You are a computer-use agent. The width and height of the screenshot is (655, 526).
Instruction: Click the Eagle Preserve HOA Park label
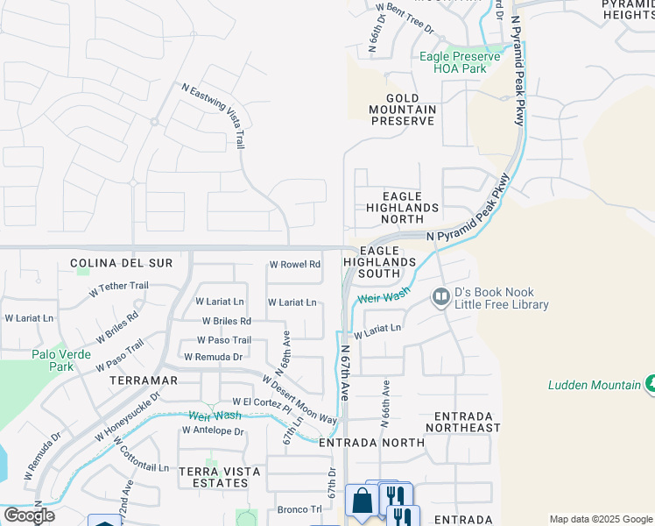[460, 62]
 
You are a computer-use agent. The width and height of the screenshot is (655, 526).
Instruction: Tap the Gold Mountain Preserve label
[403, 110]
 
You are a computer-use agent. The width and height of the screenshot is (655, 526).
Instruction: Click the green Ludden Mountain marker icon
[649, 384]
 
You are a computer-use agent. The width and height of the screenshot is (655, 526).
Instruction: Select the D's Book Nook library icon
[440, 298]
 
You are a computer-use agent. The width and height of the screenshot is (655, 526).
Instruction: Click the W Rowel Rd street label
[294, 264]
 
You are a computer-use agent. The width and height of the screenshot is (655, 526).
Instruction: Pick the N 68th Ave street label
[285, 349]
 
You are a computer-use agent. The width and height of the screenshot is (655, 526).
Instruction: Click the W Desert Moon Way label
[299, 400]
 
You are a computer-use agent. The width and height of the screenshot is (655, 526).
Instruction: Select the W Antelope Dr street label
[213, 430]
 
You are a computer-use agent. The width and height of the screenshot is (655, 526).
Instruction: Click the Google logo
[28, 515]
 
